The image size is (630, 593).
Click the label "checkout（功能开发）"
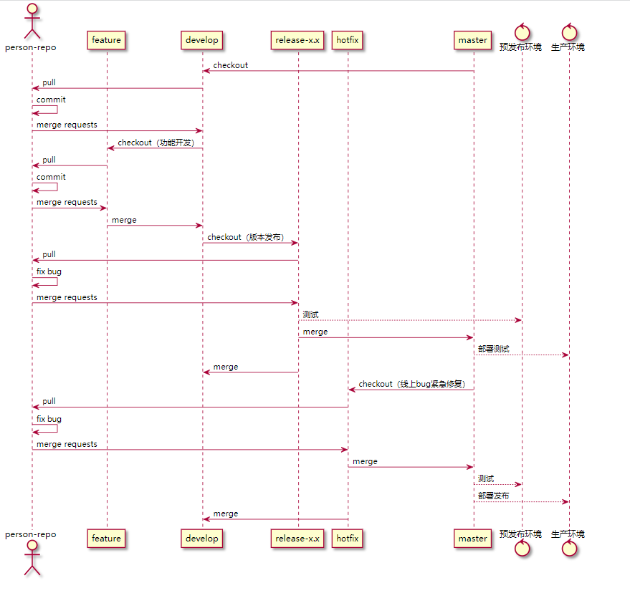click(156, 143)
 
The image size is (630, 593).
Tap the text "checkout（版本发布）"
click(245, 237)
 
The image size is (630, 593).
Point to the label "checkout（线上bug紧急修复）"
click(411, 384)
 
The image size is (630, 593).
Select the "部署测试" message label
click(494, 349)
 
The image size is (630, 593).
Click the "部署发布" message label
click(494, 496)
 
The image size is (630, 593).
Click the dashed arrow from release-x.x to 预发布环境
click(410, 320)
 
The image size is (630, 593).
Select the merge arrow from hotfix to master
click(410, 467)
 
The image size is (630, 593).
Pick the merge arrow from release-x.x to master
click(386, 337)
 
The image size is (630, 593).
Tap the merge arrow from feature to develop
click(154, 226)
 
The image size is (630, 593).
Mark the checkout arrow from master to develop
click(338, 71)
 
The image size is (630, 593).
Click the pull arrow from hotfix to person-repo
click(190, 407)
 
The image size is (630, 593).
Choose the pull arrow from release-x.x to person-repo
click(165, 260)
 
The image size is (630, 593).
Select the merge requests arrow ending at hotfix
click(190, 450)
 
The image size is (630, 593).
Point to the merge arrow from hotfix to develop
click(275, 519)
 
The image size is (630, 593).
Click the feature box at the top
click(106, 40)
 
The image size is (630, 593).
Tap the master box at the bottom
click(473, 539)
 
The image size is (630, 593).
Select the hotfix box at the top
click(348, 40)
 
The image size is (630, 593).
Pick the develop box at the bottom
click(201, 539)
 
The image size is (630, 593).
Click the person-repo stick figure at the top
click(32, 21)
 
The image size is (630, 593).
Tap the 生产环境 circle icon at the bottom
click(570, 549)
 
